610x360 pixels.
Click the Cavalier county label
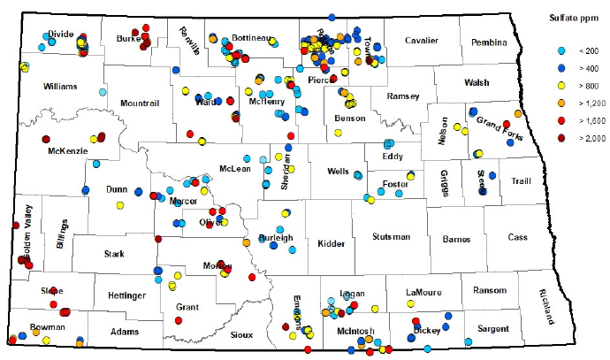[x=422, y=41]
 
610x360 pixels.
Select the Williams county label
[x=60, y=86]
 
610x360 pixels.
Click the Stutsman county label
[x=390, y=237]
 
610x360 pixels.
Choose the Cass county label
[x=519, y=237]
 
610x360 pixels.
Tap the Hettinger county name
[x=123, y=295]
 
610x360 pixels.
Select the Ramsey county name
[x=403, y=96]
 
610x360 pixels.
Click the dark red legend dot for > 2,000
[x=554, y=138]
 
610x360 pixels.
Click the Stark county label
[x=114, y=254]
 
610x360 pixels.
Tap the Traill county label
[x=521, y=181]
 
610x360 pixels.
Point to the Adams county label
[x=125, y=332]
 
